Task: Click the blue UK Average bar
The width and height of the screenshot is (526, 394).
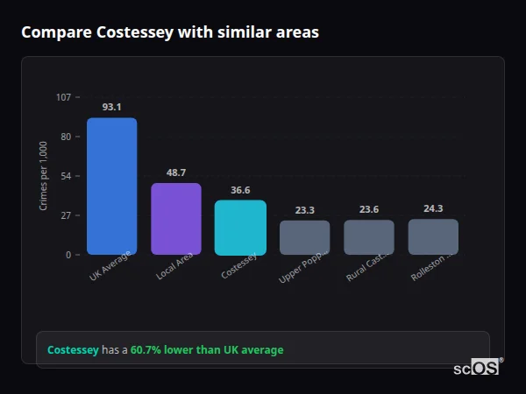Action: click(x=111, y=186)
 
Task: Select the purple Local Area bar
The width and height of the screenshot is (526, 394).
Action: click(x=176, y=219)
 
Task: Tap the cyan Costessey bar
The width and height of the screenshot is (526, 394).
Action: click(x=240, y=228)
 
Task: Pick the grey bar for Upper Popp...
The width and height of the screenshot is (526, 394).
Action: click(x=305, y=237)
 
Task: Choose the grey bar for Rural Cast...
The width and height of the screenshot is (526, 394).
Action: click(x=369, y=237)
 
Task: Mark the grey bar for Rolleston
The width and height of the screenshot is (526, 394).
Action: click(x=433, y=236)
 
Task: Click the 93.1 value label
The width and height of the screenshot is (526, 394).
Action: click(x=111, y=107)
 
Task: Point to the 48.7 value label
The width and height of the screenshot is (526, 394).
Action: click(x=176, y=172)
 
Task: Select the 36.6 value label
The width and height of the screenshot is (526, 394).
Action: click(x=240, y=190)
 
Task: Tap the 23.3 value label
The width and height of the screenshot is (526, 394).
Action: click(x=305, y=210)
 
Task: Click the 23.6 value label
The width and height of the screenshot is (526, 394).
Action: click(x=369, y=209)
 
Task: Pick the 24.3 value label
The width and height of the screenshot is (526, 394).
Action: click(x=433, y=208)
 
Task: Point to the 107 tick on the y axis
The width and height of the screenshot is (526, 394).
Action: click(x=63, y=97)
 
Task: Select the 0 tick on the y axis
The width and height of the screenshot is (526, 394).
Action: click(x=68, y=255)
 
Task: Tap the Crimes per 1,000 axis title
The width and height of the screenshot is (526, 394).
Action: click(x=44, y=176)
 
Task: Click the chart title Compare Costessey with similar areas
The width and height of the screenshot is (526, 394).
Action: click(x=170, y=32)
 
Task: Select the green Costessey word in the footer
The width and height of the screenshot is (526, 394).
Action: click(x=73, y=350)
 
